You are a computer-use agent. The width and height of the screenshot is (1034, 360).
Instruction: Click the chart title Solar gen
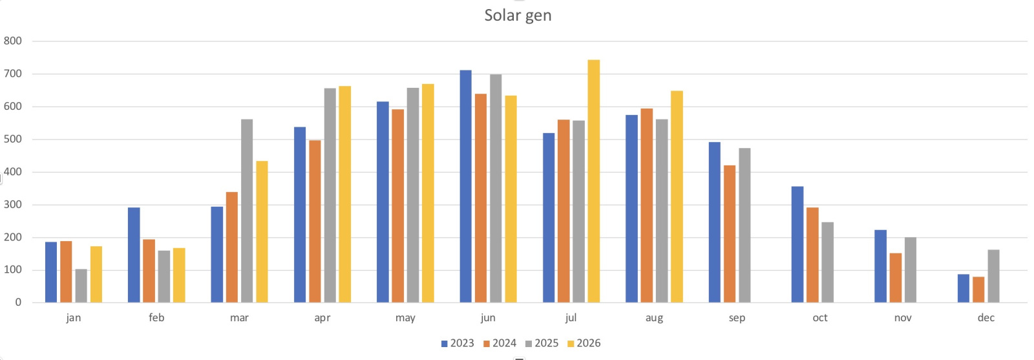pos(518,16)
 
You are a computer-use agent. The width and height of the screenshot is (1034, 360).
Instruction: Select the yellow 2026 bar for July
pos(594,182)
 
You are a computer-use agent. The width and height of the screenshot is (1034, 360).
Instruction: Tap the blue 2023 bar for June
pos(466,186)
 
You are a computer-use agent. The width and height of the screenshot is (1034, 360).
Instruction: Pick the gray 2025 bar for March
pos(247,211)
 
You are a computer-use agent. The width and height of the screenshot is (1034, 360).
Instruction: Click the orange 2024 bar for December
pos(978,290)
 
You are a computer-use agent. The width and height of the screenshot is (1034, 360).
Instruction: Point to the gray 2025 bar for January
pos(81,286)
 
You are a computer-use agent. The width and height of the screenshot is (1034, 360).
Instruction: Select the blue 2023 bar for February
pos(134,255)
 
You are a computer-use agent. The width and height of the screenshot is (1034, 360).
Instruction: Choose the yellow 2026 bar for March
pos(262,231)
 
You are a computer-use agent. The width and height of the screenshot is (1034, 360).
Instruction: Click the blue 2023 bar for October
pos(797,244)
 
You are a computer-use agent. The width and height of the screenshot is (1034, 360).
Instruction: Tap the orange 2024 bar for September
pos(730,234)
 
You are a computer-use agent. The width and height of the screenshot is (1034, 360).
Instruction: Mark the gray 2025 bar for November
pos(911,270)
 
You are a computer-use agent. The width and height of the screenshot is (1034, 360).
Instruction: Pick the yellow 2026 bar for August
pos(677,196)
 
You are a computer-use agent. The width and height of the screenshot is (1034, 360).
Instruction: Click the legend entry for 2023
pos(458,343)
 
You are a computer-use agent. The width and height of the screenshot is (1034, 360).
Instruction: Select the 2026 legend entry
pos(584,343)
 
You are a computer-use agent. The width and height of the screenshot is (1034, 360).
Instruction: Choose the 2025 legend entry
pos(542,343)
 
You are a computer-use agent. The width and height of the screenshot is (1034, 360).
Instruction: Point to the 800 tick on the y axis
pos(12,41)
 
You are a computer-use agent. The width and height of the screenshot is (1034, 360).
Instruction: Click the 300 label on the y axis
pos(12,204)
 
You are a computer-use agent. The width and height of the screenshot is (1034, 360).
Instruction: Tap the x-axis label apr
pos(322,318)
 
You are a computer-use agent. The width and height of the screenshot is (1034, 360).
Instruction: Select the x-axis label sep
pos(737,318)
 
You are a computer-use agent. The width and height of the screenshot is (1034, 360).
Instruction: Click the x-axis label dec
pos(986,317)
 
